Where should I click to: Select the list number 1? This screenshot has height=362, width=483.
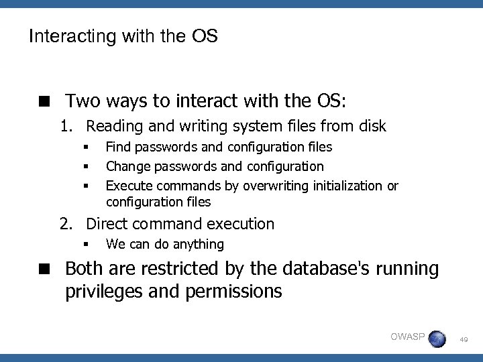point(64,126)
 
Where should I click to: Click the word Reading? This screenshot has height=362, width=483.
point(113,126)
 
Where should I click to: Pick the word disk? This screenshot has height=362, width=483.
point(372,125)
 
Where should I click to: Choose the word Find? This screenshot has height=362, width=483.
point(118,147)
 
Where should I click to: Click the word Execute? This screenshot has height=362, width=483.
point(129,186)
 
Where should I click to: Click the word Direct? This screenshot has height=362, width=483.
point(107,224)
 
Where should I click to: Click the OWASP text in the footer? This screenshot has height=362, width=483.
point(407,336)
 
